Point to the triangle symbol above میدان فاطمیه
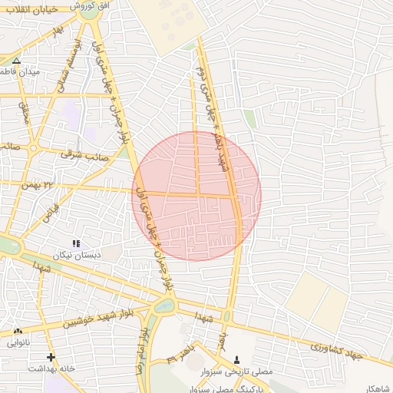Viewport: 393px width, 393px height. pos(16,60)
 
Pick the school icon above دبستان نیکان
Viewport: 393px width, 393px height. pos(75,243)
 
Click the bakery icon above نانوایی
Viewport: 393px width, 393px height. pos(18,331)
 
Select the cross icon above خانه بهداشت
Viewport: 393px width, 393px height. pos(51,357)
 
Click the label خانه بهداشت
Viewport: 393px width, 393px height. pos(51,368)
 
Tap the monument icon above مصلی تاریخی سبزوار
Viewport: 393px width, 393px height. pos(236,359)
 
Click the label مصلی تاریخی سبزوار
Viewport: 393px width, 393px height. pos(253,371)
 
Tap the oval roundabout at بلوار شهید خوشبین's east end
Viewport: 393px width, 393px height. pos(164,306)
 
